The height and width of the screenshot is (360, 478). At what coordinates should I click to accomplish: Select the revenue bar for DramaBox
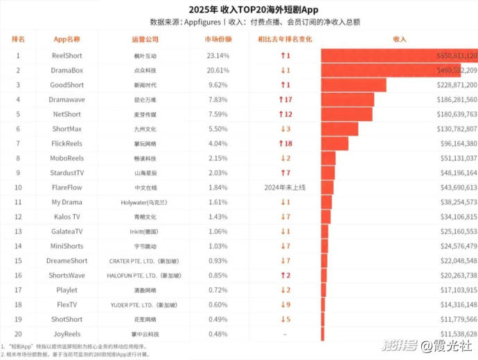pos(391,70)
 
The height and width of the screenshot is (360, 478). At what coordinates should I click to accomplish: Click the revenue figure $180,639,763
pos(454,114)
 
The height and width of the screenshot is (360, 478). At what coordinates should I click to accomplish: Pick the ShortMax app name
pos(67,129)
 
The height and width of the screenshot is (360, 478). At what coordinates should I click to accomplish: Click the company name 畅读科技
pos(145,158)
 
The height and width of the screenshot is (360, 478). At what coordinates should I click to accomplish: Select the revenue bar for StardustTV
pos(328,172)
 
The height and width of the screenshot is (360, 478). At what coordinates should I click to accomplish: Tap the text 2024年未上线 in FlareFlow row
pos(284,187)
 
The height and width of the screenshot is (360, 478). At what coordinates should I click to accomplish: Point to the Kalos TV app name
pos(67,217)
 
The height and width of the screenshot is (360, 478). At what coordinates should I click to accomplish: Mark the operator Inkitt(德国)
pos(145,231)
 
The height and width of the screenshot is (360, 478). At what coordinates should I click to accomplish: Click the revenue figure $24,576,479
pos(454,246)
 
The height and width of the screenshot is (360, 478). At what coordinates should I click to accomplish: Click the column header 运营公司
pos(145,39)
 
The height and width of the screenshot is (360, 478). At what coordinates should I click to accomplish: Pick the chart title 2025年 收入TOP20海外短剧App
pos(239,9)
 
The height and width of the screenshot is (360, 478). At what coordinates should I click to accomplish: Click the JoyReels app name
pos(67,334)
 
